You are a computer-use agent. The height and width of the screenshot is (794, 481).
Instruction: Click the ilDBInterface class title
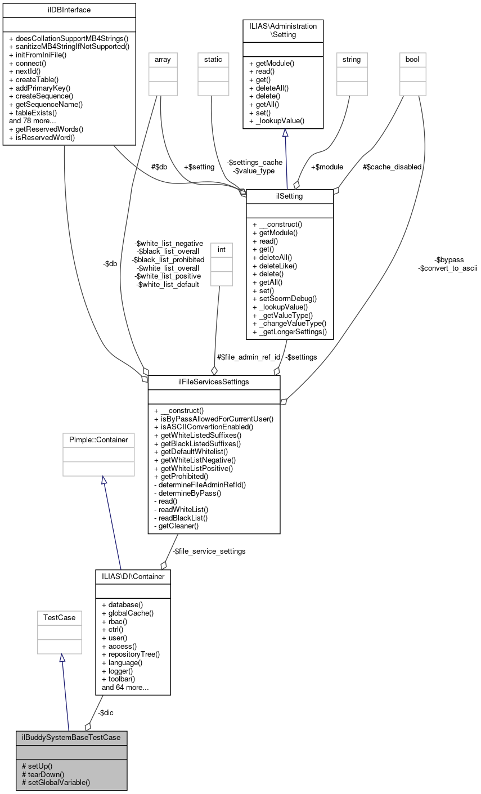tap(69, 10)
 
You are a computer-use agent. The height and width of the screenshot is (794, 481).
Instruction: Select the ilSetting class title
tap(290, 196)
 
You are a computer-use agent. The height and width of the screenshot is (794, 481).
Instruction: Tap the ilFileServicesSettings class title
tap(214, 383)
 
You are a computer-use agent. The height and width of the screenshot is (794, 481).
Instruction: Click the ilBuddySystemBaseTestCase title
tap(71, 737)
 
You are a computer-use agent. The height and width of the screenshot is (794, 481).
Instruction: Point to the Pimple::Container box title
tap(98, 439)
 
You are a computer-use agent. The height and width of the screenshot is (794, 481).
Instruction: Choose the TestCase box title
tap(60, 617)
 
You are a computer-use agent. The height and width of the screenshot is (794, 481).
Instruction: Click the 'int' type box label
tap(221, 249)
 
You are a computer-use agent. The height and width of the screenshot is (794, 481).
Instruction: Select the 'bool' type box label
tap(412, 59)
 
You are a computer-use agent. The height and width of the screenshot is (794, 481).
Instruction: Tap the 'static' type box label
tap(213, 59)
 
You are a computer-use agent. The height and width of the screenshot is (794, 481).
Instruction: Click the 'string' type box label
tap(350, 59)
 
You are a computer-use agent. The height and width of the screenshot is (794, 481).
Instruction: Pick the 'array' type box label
tap(163, 59)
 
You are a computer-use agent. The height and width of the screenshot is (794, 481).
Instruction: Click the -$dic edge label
tap(105, 712)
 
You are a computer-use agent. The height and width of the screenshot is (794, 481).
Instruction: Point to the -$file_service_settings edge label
tap(209, 551)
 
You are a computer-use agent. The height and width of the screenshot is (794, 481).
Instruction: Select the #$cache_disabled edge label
tap(392, 167)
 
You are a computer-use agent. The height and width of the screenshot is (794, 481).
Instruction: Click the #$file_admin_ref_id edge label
tap(248, 357)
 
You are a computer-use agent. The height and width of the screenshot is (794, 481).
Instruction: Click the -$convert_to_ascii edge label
tap(447, 268)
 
